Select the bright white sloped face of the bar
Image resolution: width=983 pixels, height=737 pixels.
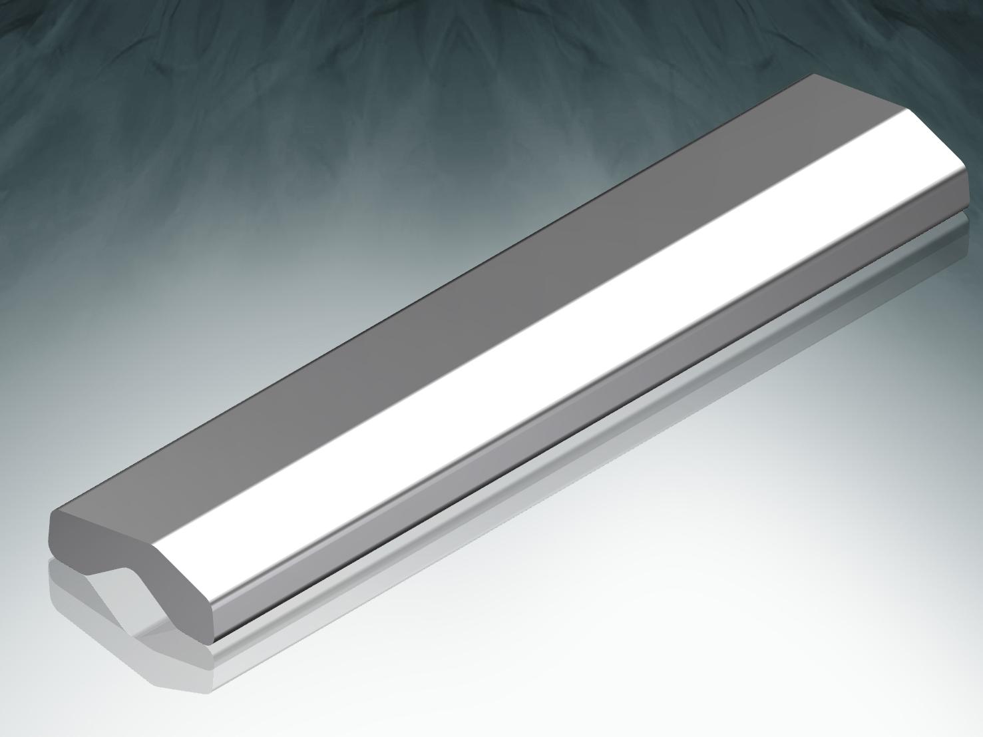[x=532, y=333]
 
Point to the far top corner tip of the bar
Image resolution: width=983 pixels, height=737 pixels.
[x=813, y=75]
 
